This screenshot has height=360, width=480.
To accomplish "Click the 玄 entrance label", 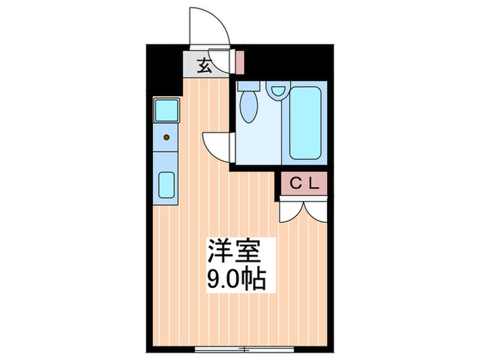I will click(204, 66).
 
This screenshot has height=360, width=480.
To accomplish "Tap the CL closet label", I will click(302, 184).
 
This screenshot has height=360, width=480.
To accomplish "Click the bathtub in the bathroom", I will click(306, 122).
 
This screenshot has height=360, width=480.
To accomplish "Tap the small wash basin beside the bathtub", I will click(278, 91).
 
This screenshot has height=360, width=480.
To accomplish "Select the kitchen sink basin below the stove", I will click(167, 185).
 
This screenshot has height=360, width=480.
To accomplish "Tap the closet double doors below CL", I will click(302, 208).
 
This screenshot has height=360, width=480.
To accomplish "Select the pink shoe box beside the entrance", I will click(240, 62).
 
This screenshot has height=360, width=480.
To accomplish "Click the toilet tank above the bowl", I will click(249, 88).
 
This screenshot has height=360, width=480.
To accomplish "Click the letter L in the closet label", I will click(312, 184).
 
